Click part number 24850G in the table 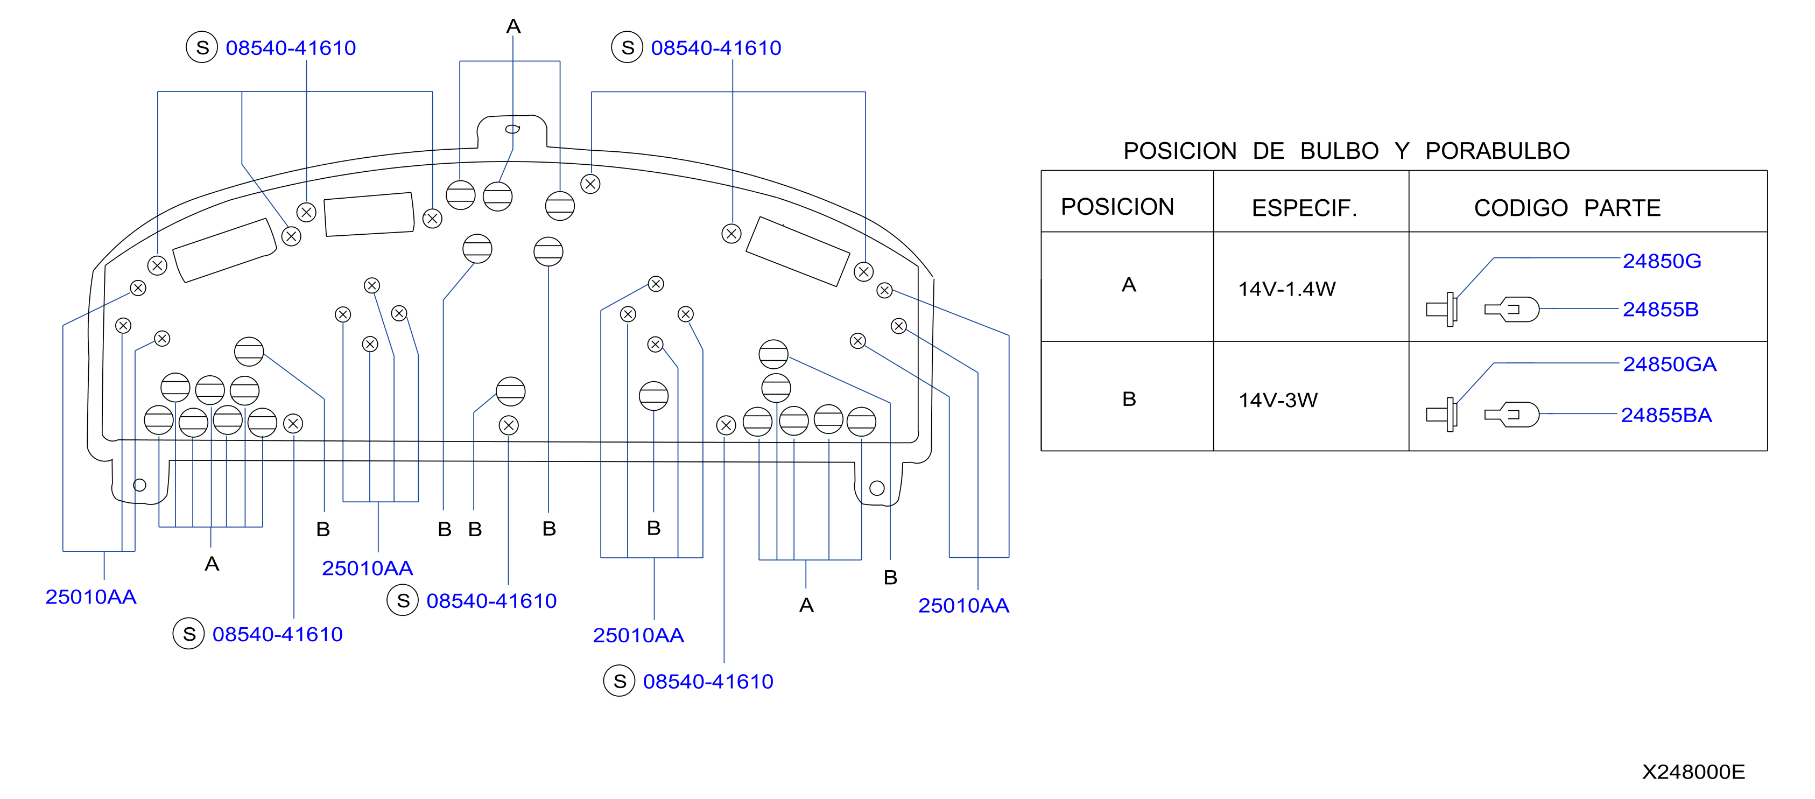(x=1662, y=262)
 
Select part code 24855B (x=1660, y=309)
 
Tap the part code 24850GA (x=1669, y=365)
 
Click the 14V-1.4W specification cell (x=1286, y=289)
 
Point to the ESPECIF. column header (x=1304, y=208)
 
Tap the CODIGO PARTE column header (x=1567, y=208)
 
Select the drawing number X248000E (x=1693, y=772)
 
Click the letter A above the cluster (x=513, y=27)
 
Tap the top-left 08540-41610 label (x=290, y=48)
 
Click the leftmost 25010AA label (x=90, y=597)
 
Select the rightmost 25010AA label (x=963, y=605)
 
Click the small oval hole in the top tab (x=512, y=129)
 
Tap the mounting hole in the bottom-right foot (x=876, y=488)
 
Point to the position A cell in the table (x=1128, y=285)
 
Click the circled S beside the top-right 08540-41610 (x=627, y=47)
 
